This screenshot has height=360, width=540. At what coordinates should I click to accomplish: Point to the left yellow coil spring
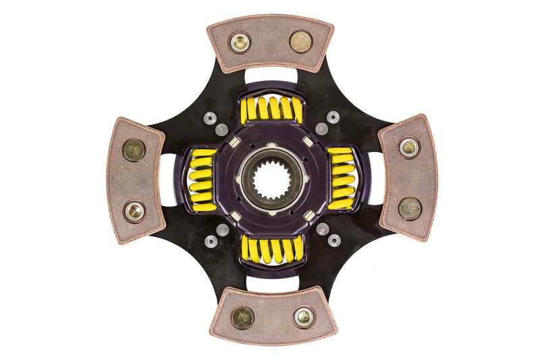point(201,180)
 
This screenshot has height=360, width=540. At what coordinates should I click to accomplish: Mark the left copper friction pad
point(134,180)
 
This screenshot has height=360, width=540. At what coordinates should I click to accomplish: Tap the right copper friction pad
point(408,178)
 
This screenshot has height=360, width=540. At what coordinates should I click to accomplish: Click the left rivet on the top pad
point(240,43)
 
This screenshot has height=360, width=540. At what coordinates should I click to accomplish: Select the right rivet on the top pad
point(300,42)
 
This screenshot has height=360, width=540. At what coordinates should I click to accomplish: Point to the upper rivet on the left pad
point(134,149)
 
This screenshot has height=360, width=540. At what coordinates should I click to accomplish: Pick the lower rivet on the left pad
point(134,211)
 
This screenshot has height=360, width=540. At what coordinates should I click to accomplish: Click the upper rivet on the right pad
point(408,147)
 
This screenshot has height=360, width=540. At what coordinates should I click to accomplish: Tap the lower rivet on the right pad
point(409,208)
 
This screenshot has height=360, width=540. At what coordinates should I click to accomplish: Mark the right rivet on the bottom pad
point(303,316)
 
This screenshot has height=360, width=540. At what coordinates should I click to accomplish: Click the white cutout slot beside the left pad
point(167,180)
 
